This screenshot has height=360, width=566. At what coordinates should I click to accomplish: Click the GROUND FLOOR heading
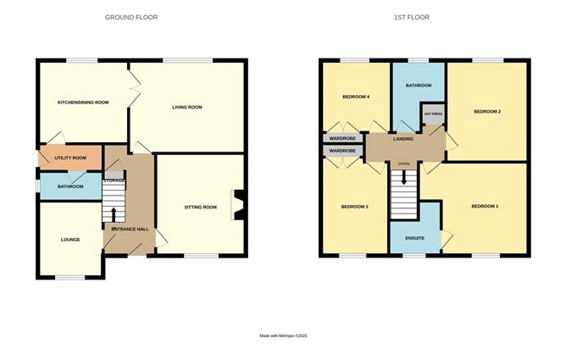[131, 17]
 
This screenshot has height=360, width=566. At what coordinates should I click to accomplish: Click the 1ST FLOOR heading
[412, 17]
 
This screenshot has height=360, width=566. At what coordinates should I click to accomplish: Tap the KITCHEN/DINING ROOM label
[83, 102]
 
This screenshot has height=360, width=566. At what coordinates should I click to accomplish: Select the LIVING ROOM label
[187, 107]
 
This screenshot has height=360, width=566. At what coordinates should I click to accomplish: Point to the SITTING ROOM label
[200, 207]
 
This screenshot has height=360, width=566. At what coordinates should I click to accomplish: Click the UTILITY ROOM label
[70, 158]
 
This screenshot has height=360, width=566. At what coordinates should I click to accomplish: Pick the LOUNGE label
[70, 240]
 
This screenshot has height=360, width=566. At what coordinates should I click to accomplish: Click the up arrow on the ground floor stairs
[114, 214]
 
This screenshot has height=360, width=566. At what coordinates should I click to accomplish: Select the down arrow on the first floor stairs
[404, 177]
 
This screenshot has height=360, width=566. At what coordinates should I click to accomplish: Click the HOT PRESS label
[433, 114]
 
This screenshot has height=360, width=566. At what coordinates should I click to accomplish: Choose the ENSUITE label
[414, 238]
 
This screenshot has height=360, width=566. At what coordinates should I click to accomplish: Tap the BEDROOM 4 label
[356, 97]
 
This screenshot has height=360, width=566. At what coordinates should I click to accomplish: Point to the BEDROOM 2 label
[487, 112]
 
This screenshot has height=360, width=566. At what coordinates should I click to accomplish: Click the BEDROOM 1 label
[485, 207]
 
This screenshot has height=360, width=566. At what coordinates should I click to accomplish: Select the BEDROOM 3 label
[355, 207]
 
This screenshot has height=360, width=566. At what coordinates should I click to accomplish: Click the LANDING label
[403, 139]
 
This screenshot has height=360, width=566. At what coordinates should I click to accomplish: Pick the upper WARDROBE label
[342, 139]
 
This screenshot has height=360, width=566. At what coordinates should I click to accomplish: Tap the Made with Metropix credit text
[283, 335]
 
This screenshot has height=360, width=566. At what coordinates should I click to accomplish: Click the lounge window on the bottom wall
[70, 277]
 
